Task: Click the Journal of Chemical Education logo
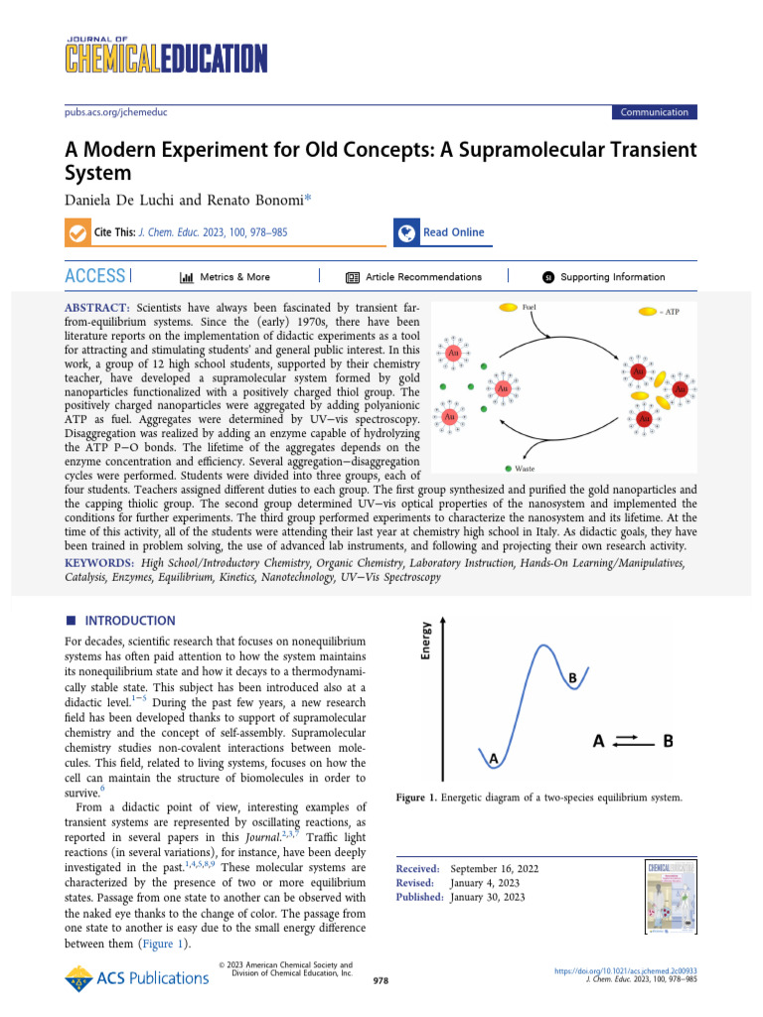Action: (159, 56)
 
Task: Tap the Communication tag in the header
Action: (654, 112)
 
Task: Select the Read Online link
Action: (453, 232)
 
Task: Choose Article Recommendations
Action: (423, 277)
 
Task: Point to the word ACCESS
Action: (95, 276)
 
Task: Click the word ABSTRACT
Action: (97, 310)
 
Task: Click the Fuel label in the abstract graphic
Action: (531, 309)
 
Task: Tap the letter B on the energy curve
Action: (572, 677)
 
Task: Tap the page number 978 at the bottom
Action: (380, 980)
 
